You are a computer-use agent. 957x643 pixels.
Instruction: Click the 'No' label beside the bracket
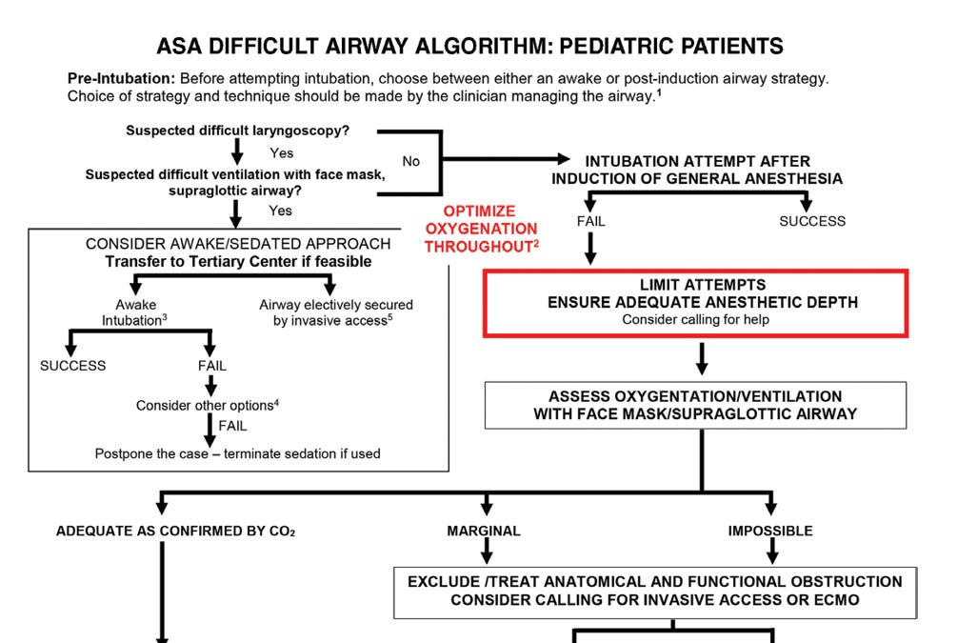click(410, 161)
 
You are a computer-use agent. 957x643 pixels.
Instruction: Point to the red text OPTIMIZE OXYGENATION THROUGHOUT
click(481, 229)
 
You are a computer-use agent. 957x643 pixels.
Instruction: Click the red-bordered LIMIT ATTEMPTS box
click(695, 302)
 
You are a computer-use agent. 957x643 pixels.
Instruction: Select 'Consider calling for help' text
click(695, 320)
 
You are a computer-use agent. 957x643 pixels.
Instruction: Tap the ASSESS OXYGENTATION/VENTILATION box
click(695, 405)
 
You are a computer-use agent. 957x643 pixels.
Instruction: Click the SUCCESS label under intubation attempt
click(812, 221)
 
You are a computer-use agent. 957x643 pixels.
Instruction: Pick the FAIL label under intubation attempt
click(590, 221)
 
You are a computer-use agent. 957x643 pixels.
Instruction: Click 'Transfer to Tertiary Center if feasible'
click(238, 262)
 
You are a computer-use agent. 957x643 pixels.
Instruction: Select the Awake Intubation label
click(134, 312)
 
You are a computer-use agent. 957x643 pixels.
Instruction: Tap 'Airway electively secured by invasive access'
click(336, 312)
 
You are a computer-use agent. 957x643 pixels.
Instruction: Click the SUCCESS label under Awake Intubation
click(73, 366)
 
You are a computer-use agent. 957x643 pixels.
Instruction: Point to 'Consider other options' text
click(208, 405)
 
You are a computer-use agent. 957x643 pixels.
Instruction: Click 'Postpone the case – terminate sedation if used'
click(237, 453)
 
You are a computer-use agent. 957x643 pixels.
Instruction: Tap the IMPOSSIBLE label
click(770, 531)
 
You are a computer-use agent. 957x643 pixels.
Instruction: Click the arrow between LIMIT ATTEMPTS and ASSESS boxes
click(702, 359)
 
